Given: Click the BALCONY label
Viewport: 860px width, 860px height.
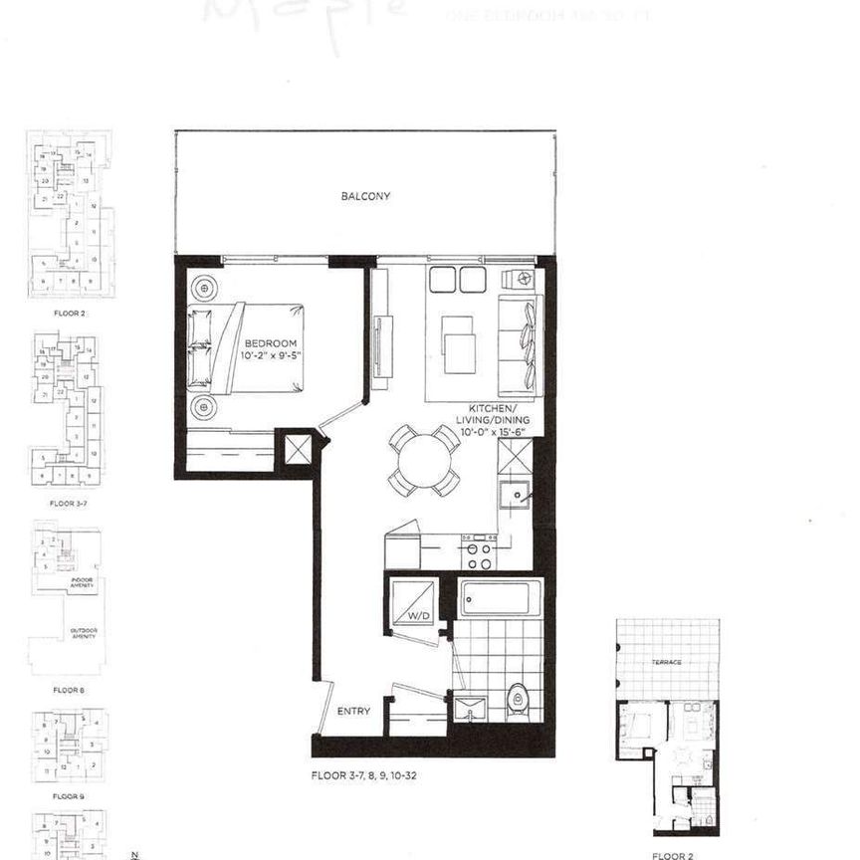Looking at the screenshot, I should [x=365, y=196].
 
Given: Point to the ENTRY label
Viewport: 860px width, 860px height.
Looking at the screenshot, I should [x=353, y=711].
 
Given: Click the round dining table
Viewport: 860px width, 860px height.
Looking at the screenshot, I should [x=423, y=461].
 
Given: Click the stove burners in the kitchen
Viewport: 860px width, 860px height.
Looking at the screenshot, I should [x=477, y=549].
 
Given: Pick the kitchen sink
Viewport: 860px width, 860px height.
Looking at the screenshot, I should [x=514, y=494].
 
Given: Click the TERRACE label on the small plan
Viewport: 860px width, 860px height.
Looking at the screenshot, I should [x=667, y=662].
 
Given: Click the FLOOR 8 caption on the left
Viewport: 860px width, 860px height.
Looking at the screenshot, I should [x=68, y=689].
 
